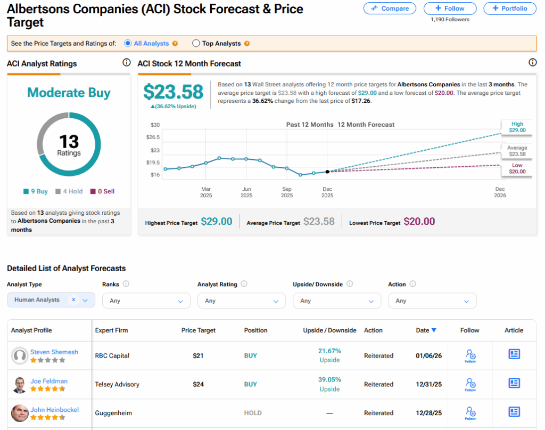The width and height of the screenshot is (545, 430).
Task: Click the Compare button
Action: click(x=390, y=9)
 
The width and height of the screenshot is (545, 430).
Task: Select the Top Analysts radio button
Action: click(x=196, y=44)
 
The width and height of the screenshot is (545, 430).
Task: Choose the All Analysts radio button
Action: click(x=128, y=44)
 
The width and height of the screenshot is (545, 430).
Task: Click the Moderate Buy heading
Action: click(x=69, y=93)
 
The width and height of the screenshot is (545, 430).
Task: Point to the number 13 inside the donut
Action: click(x=69, y=142)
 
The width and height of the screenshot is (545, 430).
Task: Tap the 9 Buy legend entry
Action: click(x=36, y=191)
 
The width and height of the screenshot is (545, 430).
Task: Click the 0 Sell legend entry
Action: click(x=102, y=191)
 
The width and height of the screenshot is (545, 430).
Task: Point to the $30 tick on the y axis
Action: click(x=155, y=125)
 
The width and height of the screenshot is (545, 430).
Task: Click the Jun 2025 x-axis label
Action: click(x=246, y=192)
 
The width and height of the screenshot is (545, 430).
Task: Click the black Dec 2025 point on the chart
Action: click(x=327, y=172)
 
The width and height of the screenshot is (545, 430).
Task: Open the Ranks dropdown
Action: click(x=146, y=301)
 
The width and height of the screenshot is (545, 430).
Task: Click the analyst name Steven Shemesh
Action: click(x=54, y=352)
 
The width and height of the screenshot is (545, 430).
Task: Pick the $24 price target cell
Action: click(x=198, y=384)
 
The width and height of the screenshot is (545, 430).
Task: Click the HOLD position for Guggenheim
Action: click(x=250, y=413)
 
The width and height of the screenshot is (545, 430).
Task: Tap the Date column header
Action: click(x=426, y=330)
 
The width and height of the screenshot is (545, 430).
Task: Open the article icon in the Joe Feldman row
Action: click(x=514, y=383)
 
